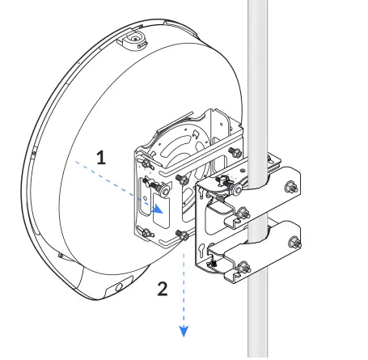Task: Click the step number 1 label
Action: pyautogui.click(x=100, y=159)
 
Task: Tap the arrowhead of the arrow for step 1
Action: pyautogui.click(x=161, y=208)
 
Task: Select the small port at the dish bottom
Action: pyautogui.click(x=119, y=287)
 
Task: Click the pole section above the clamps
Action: pyautogui.click(x=257, y=65)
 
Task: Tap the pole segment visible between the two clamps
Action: pyautogui.click(x=257, y=208)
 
